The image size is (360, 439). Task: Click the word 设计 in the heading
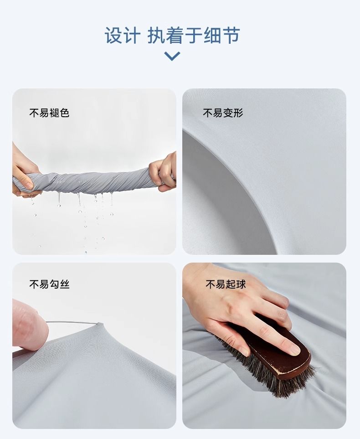(122, 36)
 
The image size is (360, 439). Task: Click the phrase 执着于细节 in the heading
(194, 36)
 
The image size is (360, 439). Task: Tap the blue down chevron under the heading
(172, 56)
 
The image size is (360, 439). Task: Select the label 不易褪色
(49, 113)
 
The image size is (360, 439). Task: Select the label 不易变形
(223, 113)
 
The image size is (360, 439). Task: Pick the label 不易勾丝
(49, 284)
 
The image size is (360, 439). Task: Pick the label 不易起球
(226, 284)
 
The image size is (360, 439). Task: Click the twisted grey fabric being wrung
(93, 182)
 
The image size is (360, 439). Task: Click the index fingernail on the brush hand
(294, 349)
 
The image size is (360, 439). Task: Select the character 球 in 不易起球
(241, 284)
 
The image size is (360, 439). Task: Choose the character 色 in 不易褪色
(64, 113)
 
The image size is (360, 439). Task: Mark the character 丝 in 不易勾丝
(64, 284)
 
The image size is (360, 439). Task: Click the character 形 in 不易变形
(238, 113)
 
